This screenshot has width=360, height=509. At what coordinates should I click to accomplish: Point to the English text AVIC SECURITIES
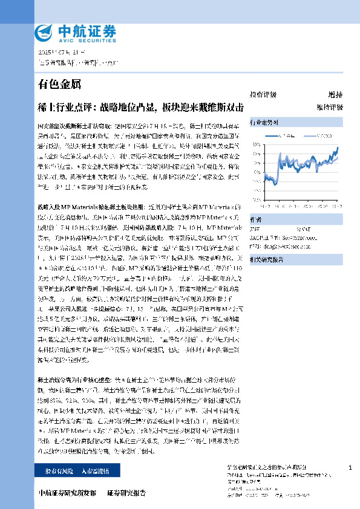coord(79,38)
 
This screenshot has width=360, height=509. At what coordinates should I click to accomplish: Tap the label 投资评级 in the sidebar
coord(263,95)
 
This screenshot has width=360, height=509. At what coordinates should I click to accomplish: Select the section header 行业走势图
coord(264,122)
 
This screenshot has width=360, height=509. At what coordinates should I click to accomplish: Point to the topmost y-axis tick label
coord(257,145)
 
